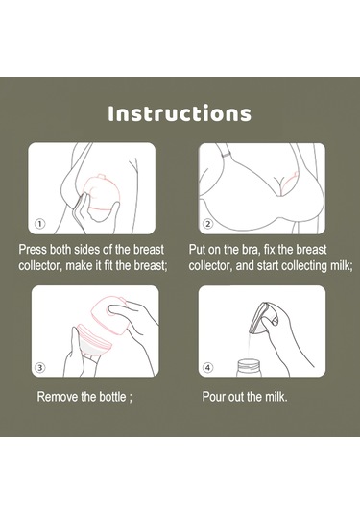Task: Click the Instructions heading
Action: [180, 113]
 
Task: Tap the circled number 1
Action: [40, 224]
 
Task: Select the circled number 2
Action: [208, 224]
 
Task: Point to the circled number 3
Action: [40, 367]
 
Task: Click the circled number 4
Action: [208, 367]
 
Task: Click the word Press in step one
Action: [33, 250]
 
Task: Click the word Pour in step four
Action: [213, 397]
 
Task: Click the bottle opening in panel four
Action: [249, 362]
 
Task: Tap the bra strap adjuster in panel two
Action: [225, 155]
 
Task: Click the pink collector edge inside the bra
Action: [290, 181]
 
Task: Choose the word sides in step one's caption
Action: [87, 250]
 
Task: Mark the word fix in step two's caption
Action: [269, 250]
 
